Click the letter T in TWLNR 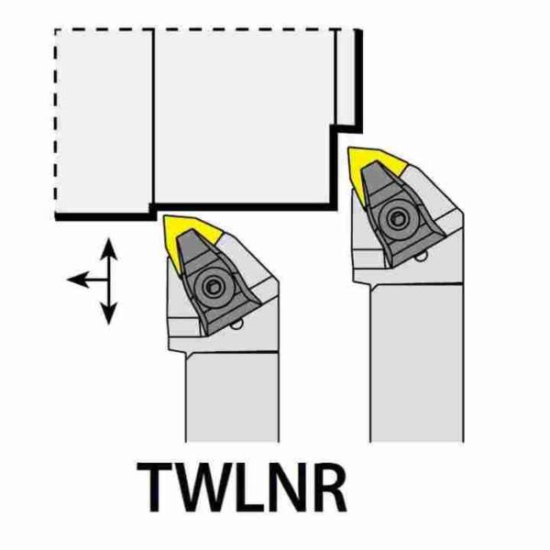click(x=155, y=487)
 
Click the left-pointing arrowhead click(x=77, y=280)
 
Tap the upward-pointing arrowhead click(x=109, y=248)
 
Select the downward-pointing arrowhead click(x=109, y=313)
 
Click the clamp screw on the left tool click(x=212, y=287)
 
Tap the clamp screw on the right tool click(x=397, y=220)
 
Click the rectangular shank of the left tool click(x=232, y=396)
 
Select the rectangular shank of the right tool click(x=417, y=362)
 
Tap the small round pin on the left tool click(x=236, y=325)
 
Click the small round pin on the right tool click(x=422, y=258)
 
